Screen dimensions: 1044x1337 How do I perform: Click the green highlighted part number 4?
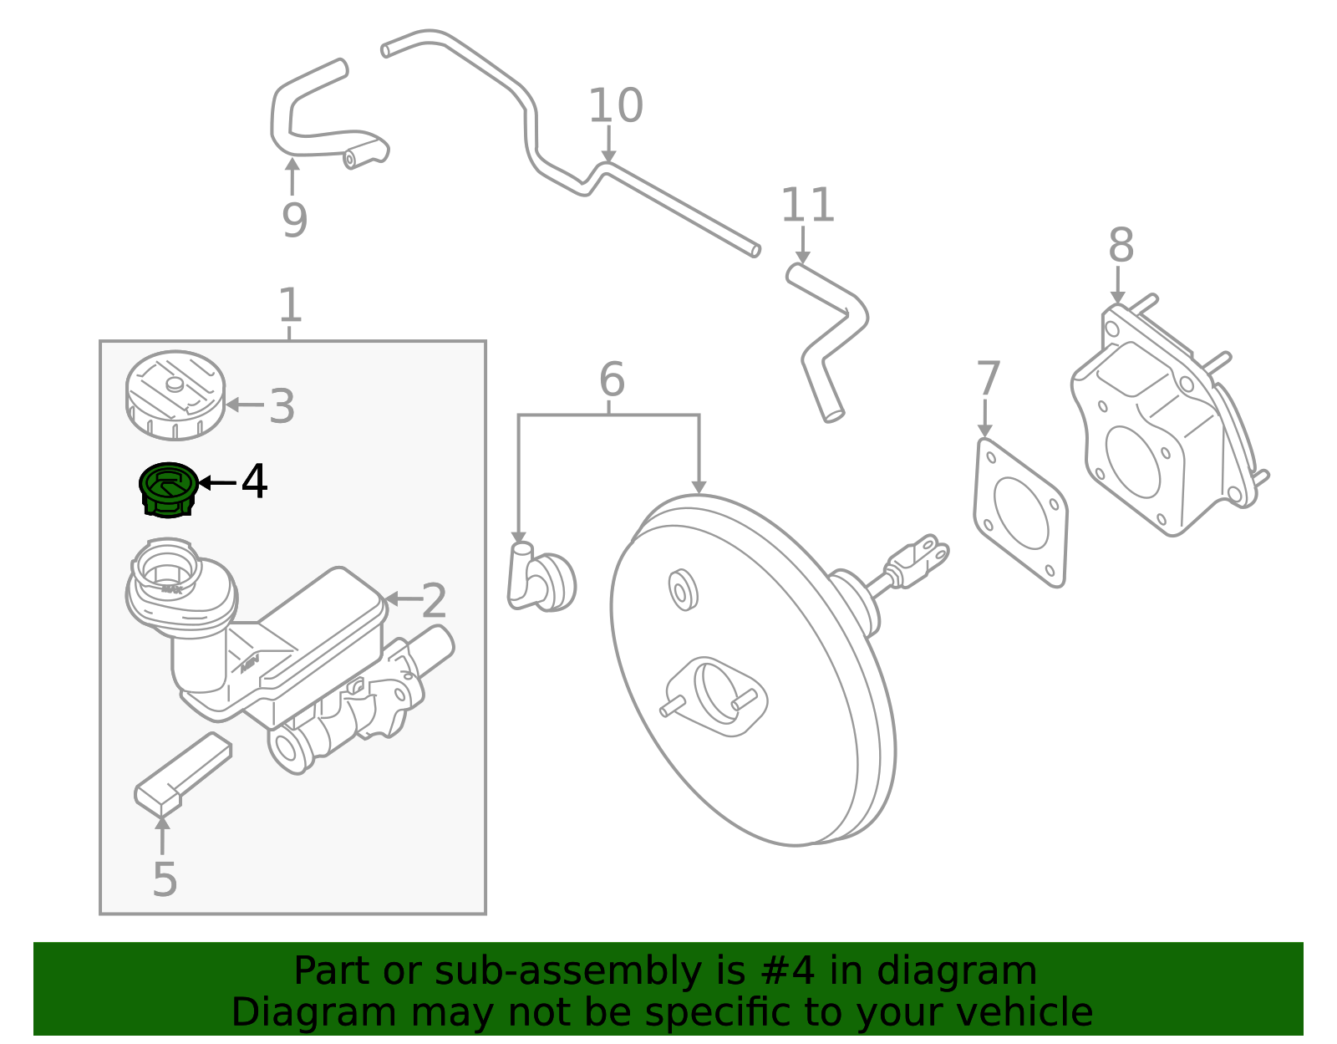(168, 490)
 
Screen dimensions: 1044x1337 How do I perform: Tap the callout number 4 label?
(254, 482)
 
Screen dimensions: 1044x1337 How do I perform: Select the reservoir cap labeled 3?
(175, 395)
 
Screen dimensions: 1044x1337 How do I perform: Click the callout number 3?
(282, 407)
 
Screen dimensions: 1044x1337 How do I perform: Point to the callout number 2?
(434, 601)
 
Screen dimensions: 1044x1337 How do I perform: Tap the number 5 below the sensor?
(165, 879)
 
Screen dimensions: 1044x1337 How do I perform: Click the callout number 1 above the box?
(289, 306)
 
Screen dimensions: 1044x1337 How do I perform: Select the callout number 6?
(612, 380)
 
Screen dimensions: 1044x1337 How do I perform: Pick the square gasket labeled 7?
(1020, 512)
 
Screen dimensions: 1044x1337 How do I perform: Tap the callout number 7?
(988, 379)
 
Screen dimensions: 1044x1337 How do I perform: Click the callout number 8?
(1121, 247)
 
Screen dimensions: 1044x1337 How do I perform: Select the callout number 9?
(294, 221)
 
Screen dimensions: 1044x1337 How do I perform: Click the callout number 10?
(616, 107)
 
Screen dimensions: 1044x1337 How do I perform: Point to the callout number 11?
(807, 206)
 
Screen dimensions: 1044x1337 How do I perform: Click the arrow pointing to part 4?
(217, 482)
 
